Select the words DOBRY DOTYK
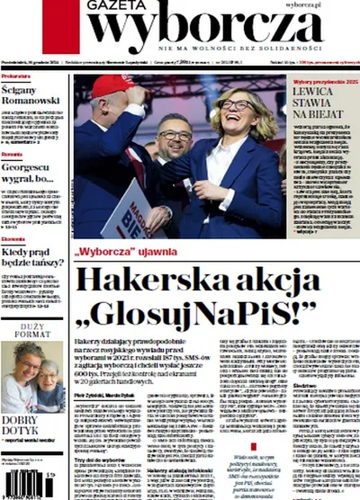(26, 425)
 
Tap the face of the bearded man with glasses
(173, 137)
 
